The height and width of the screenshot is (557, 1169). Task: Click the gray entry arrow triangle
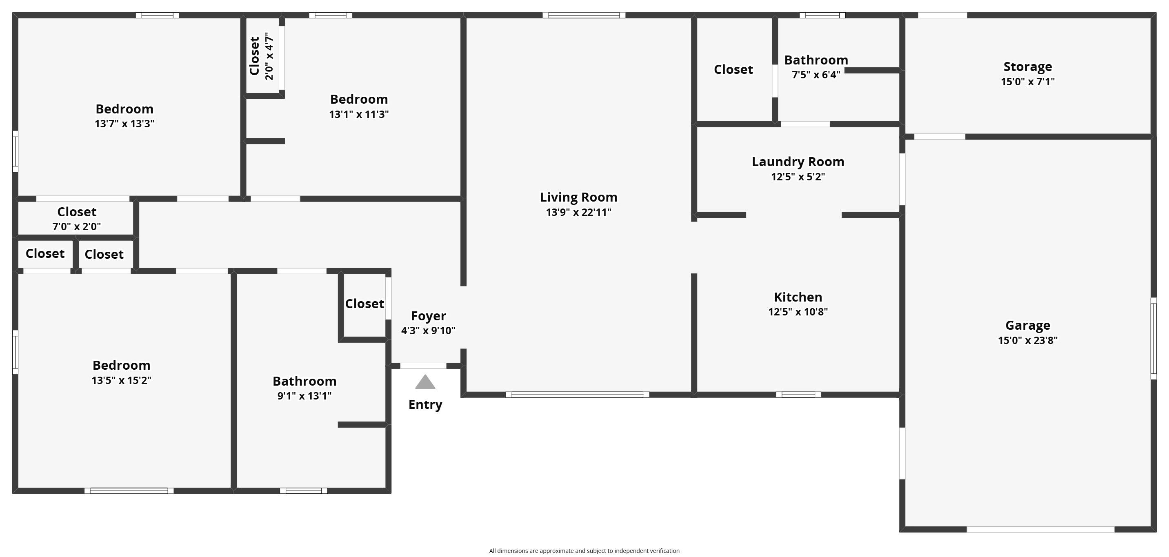[425, 382]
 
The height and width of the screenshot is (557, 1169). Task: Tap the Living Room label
[579, 198]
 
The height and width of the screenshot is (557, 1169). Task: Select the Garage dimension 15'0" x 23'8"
[1027, 340]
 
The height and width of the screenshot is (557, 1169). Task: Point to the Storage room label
[1027, 67]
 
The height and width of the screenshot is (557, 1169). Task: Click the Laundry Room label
[798, 162]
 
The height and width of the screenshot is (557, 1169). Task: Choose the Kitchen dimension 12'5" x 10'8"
[798, 312]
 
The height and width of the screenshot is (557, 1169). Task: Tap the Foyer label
[429, 316]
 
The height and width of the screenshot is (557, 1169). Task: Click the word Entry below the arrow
[425, 405]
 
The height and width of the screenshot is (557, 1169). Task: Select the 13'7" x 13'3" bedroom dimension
[124, 124]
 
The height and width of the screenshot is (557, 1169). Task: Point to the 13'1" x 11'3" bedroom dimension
[359, 114]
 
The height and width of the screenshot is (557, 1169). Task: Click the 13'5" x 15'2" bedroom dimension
[121, 380]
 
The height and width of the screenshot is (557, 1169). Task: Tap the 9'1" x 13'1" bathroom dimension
[304, 396]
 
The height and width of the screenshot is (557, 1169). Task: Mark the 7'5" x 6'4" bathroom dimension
[816, 75]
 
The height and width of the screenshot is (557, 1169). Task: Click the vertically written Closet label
[255, 56]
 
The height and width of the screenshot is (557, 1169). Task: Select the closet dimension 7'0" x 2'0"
[77, 226]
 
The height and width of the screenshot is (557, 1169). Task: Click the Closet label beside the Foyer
[364, 304]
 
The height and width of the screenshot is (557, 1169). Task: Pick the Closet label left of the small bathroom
[733, 70]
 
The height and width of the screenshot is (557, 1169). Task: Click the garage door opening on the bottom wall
[1040, 529]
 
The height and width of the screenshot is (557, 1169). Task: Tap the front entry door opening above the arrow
[423, 366]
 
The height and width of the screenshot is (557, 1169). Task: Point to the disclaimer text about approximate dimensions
[584, 550]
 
